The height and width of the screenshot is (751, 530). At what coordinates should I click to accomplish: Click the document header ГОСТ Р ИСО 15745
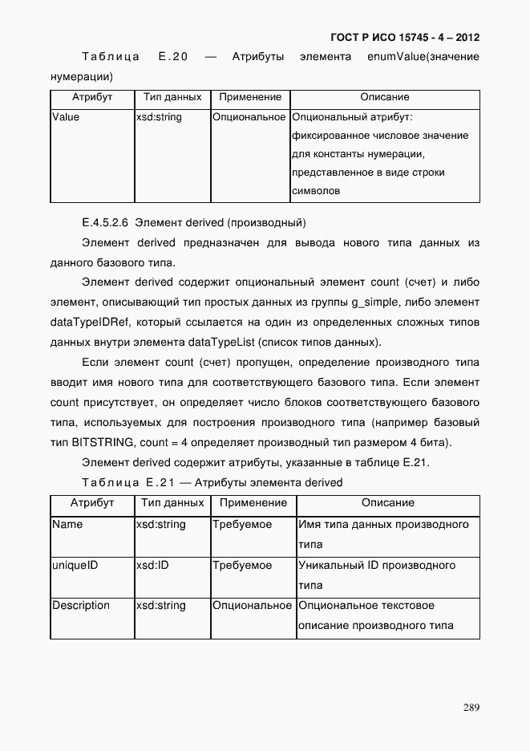point(405,38)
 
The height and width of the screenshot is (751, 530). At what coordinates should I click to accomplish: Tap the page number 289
point(471,707)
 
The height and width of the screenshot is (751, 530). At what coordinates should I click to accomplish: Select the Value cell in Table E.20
point(66,117)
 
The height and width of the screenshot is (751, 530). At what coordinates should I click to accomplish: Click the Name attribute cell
point(67,525)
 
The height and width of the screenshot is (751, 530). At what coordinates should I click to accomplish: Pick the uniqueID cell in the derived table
point(75,566)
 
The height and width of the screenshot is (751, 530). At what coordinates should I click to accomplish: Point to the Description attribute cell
point(81,606)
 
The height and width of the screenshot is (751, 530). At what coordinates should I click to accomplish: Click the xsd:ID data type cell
point(152,566)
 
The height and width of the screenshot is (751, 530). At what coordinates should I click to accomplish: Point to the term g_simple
point(380,302)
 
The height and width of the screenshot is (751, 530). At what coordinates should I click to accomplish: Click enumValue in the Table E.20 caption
point(393,57)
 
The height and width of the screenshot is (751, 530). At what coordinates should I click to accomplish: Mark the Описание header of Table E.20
point(384,97)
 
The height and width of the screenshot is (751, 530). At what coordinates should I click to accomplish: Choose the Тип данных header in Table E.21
point(172,503)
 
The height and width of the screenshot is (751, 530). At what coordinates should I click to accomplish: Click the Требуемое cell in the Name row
point(242,525)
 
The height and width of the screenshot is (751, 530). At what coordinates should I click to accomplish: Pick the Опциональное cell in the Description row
point(252,606)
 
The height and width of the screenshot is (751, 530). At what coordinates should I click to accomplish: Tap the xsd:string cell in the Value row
point(159,117)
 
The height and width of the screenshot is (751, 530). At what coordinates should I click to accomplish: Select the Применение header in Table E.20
point(249,97)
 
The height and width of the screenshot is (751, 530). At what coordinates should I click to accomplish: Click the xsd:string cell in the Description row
point(160,606)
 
